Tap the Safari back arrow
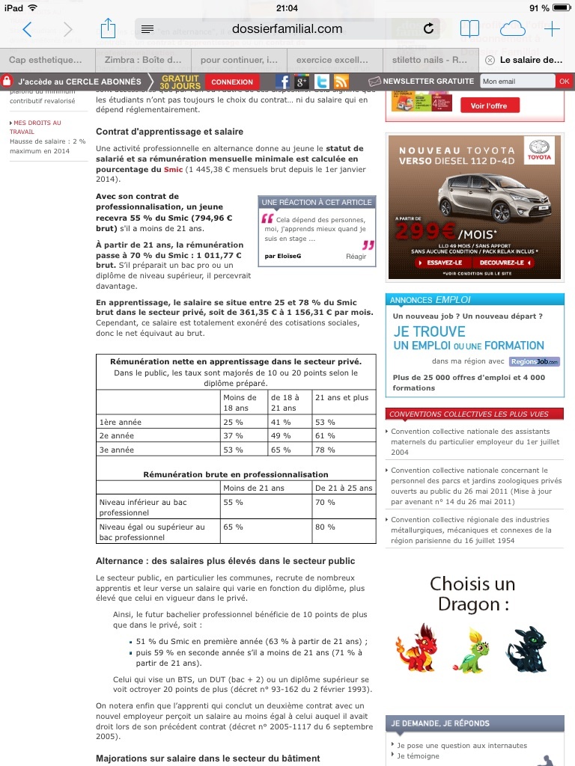28,29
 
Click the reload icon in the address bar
428,29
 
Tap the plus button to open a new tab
552,29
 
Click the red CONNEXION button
232,82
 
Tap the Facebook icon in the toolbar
283,82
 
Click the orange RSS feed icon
341,82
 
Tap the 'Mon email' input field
517,82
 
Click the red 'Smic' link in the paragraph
173,170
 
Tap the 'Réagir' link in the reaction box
356,257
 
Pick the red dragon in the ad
416,647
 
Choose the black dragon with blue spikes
526,647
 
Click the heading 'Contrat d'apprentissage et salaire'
169,132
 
